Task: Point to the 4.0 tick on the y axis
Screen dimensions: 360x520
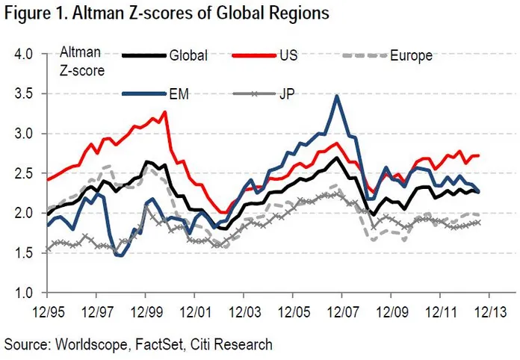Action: coord(25,55)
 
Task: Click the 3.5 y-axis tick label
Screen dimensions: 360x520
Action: coord(25,94)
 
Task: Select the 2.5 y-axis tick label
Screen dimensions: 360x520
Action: coord(25,173)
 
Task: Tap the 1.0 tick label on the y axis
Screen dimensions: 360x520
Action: coord(25,292)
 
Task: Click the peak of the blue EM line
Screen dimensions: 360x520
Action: coord(338,96)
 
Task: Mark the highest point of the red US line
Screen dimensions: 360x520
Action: coord(164,112)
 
